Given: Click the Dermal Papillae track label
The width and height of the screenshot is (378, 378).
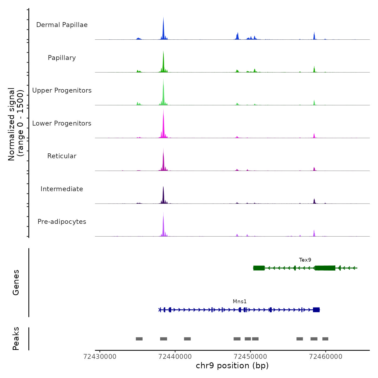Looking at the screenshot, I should pos(62,25).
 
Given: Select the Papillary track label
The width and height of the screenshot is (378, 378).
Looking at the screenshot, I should pos(62,58).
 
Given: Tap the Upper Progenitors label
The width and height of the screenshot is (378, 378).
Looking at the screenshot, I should pos(62,90).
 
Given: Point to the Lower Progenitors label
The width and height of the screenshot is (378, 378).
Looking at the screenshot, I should pos(62,123).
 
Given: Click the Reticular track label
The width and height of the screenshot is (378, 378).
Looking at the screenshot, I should pos(62,156).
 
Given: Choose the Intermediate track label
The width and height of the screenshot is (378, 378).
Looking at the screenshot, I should pos(62,189).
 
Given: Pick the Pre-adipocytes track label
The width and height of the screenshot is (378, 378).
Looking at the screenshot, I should pos(62,222).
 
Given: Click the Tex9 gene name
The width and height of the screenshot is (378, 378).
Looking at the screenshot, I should pos(305,260).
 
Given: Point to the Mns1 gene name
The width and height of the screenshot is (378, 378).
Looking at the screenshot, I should pos(240,302).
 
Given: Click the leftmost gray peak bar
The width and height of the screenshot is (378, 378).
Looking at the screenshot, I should pos(139,339).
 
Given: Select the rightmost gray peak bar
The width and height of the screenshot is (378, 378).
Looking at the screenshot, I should pos(325,339).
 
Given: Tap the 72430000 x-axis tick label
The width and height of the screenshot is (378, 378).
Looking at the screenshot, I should pos(100,357).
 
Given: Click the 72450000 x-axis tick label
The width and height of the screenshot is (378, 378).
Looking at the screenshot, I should pos(250,357).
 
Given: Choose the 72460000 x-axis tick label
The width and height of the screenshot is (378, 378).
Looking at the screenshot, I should pos(326,357).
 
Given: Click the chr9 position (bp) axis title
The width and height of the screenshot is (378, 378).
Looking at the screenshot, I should pos(232,366).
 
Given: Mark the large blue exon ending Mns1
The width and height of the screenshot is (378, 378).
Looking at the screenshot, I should pos(316,310).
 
